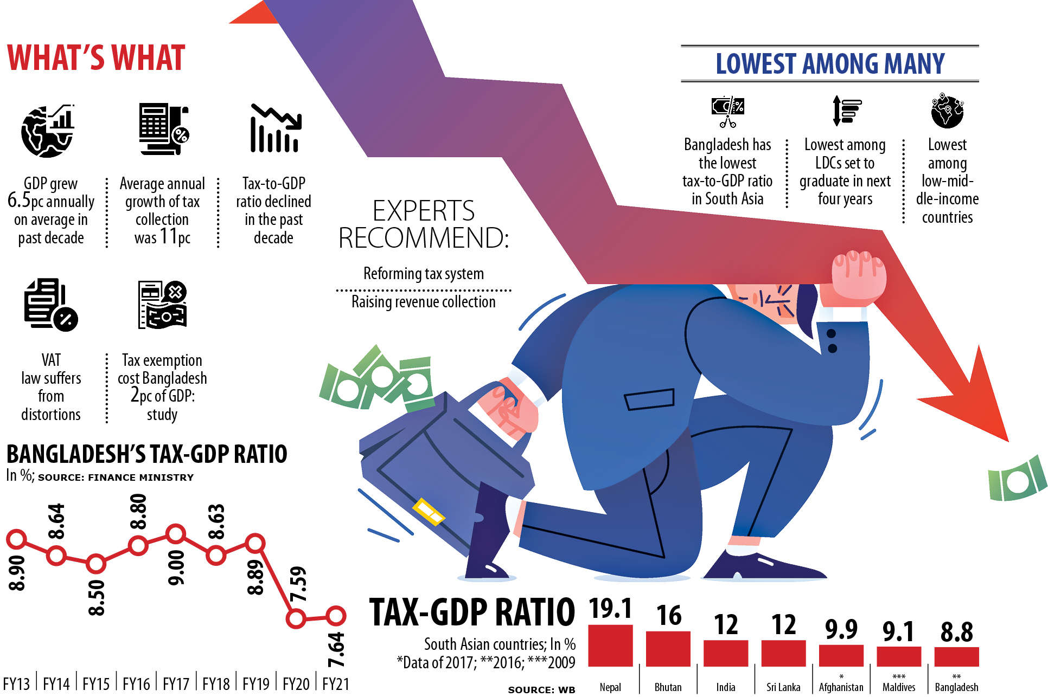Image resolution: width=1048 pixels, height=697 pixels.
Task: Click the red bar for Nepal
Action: (610, 645)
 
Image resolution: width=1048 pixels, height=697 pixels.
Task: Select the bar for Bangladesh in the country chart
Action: (956, 656)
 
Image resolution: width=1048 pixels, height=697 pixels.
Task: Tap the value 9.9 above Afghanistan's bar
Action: (841, 629)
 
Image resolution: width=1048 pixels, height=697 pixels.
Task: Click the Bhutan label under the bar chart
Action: (668, 687)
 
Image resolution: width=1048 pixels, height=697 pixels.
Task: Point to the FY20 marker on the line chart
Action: (296, 618)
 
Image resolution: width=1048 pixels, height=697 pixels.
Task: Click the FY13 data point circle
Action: (16, 539)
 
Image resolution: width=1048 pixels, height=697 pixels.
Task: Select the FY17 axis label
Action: (176, 684)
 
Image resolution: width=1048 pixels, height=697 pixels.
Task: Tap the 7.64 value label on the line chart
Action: (336, 649)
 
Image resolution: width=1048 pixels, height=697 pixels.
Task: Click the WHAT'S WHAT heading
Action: (96, 58)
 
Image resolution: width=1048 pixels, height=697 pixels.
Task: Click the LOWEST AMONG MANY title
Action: (830, 64)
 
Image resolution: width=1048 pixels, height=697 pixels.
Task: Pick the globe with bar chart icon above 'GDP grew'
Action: (48, 131)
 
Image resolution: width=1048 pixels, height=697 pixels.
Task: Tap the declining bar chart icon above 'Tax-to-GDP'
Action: (275, 128)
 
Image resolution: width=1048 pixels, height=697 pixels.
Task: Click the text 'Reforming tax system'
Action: (423, 274)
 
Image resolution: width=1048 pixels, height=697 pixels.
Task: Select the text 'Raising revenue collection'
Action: (423, 302)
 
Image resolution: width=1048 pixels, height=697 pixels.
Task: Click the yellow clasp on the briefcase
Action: (429, 511)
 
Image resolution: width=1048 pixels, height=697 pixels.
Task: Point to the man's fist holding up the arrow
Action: (859, 274)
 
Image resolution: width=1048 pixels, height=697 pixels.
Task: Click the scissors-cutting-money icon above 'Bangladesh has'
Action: (727, 111)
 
